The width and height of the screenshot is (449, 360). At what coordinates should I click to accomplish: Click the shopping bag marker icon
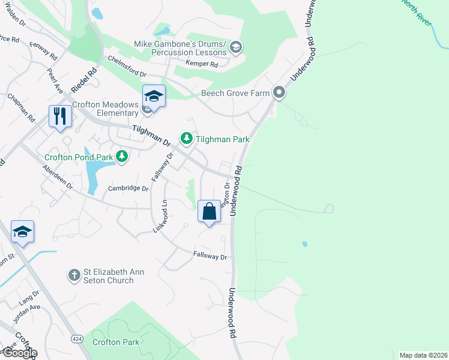point(209,211)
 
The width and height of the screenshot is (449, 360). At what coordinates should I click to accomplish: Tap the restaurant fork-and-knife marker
point(60,115)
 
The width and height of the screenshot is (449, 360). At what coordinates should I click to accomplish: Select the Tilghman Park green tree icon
point(187,139)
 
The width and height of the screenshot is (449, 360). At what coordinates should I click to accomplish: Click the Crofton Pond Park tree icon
point(122,157)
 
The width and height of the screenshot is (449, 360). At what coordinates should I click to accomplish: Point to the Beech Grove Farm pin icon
point(279,92)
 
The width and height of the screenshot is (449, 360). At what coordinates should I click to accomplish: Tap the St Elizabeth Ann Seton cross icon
point(74,275)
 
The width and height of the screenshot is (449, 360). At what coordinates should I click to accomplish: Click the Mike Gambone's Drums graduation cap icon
point(236,47)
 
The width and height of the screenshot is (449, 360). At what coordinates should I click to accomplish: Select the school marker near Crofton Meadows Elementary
point(154,97)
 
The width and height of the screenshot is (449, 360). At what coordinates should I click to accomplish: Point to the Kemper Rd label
point(202,64)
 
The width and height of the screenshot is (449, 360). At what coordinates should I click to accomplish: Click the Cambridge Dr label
point(128,188)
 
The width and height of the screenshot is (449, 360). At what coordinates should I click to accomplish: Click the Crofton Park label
point(116,342)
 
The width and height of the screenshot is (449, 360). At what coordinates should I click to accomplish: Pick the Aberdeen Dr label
point(58,178)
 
